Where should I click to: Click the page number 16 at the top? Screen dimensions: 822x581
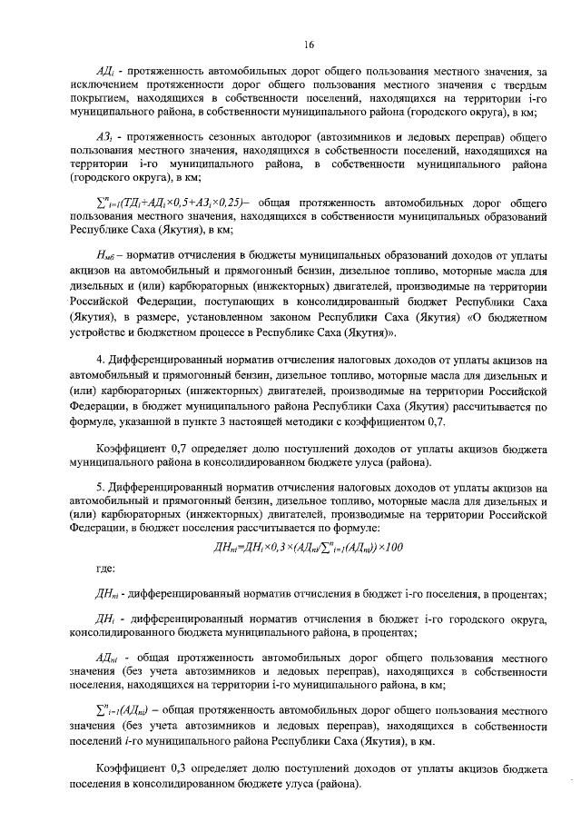(x=308, y=45)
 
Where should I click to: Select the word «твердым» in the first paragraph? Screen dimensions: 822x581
(x=522, y=84)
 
